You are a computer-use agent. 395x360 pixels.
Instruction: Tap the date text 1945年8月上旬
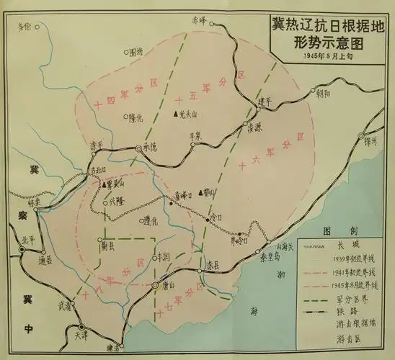[332, 56]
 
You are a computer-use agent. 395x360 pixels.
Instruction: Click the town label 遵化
[150, 220]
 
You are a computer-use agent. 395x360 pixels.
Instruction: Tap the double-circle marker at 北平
[23, 250]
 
